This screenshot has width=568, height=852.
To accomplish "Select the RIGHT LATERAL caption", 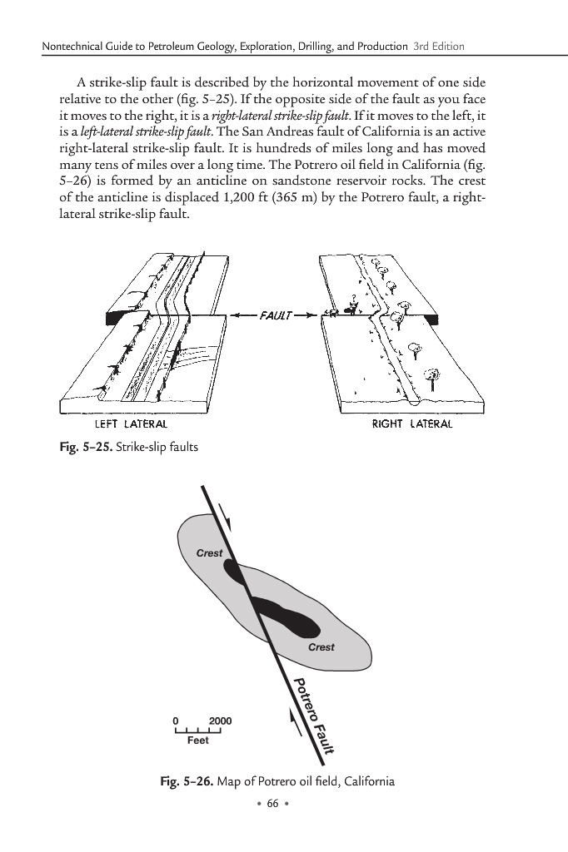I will tap(412, 424).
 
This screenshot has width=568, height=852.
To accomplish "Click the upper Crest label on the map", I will tap(209, 553).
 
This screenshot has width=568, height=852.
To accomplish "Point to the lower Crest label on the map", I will tap(321, 647).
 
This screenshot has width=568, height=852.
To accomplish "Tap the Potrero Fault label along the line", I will tap(313, 716).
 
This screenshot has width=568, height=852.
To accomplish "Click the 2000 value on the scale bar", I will tap(221, 721).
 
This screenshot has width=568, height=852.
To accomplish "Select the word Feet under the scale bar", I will tap(198, 740).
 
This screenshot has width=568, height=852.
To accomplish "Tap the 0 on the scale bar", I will tap(176, 721).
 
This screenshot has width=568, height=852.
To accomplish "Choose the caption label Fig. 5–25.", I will tap(76, 447).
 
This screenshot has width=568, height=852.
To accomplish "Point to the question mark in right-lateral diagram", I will tap(353, 298).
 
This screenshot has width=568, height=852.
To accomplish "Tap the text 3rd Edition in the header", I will tap(438, 45).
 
